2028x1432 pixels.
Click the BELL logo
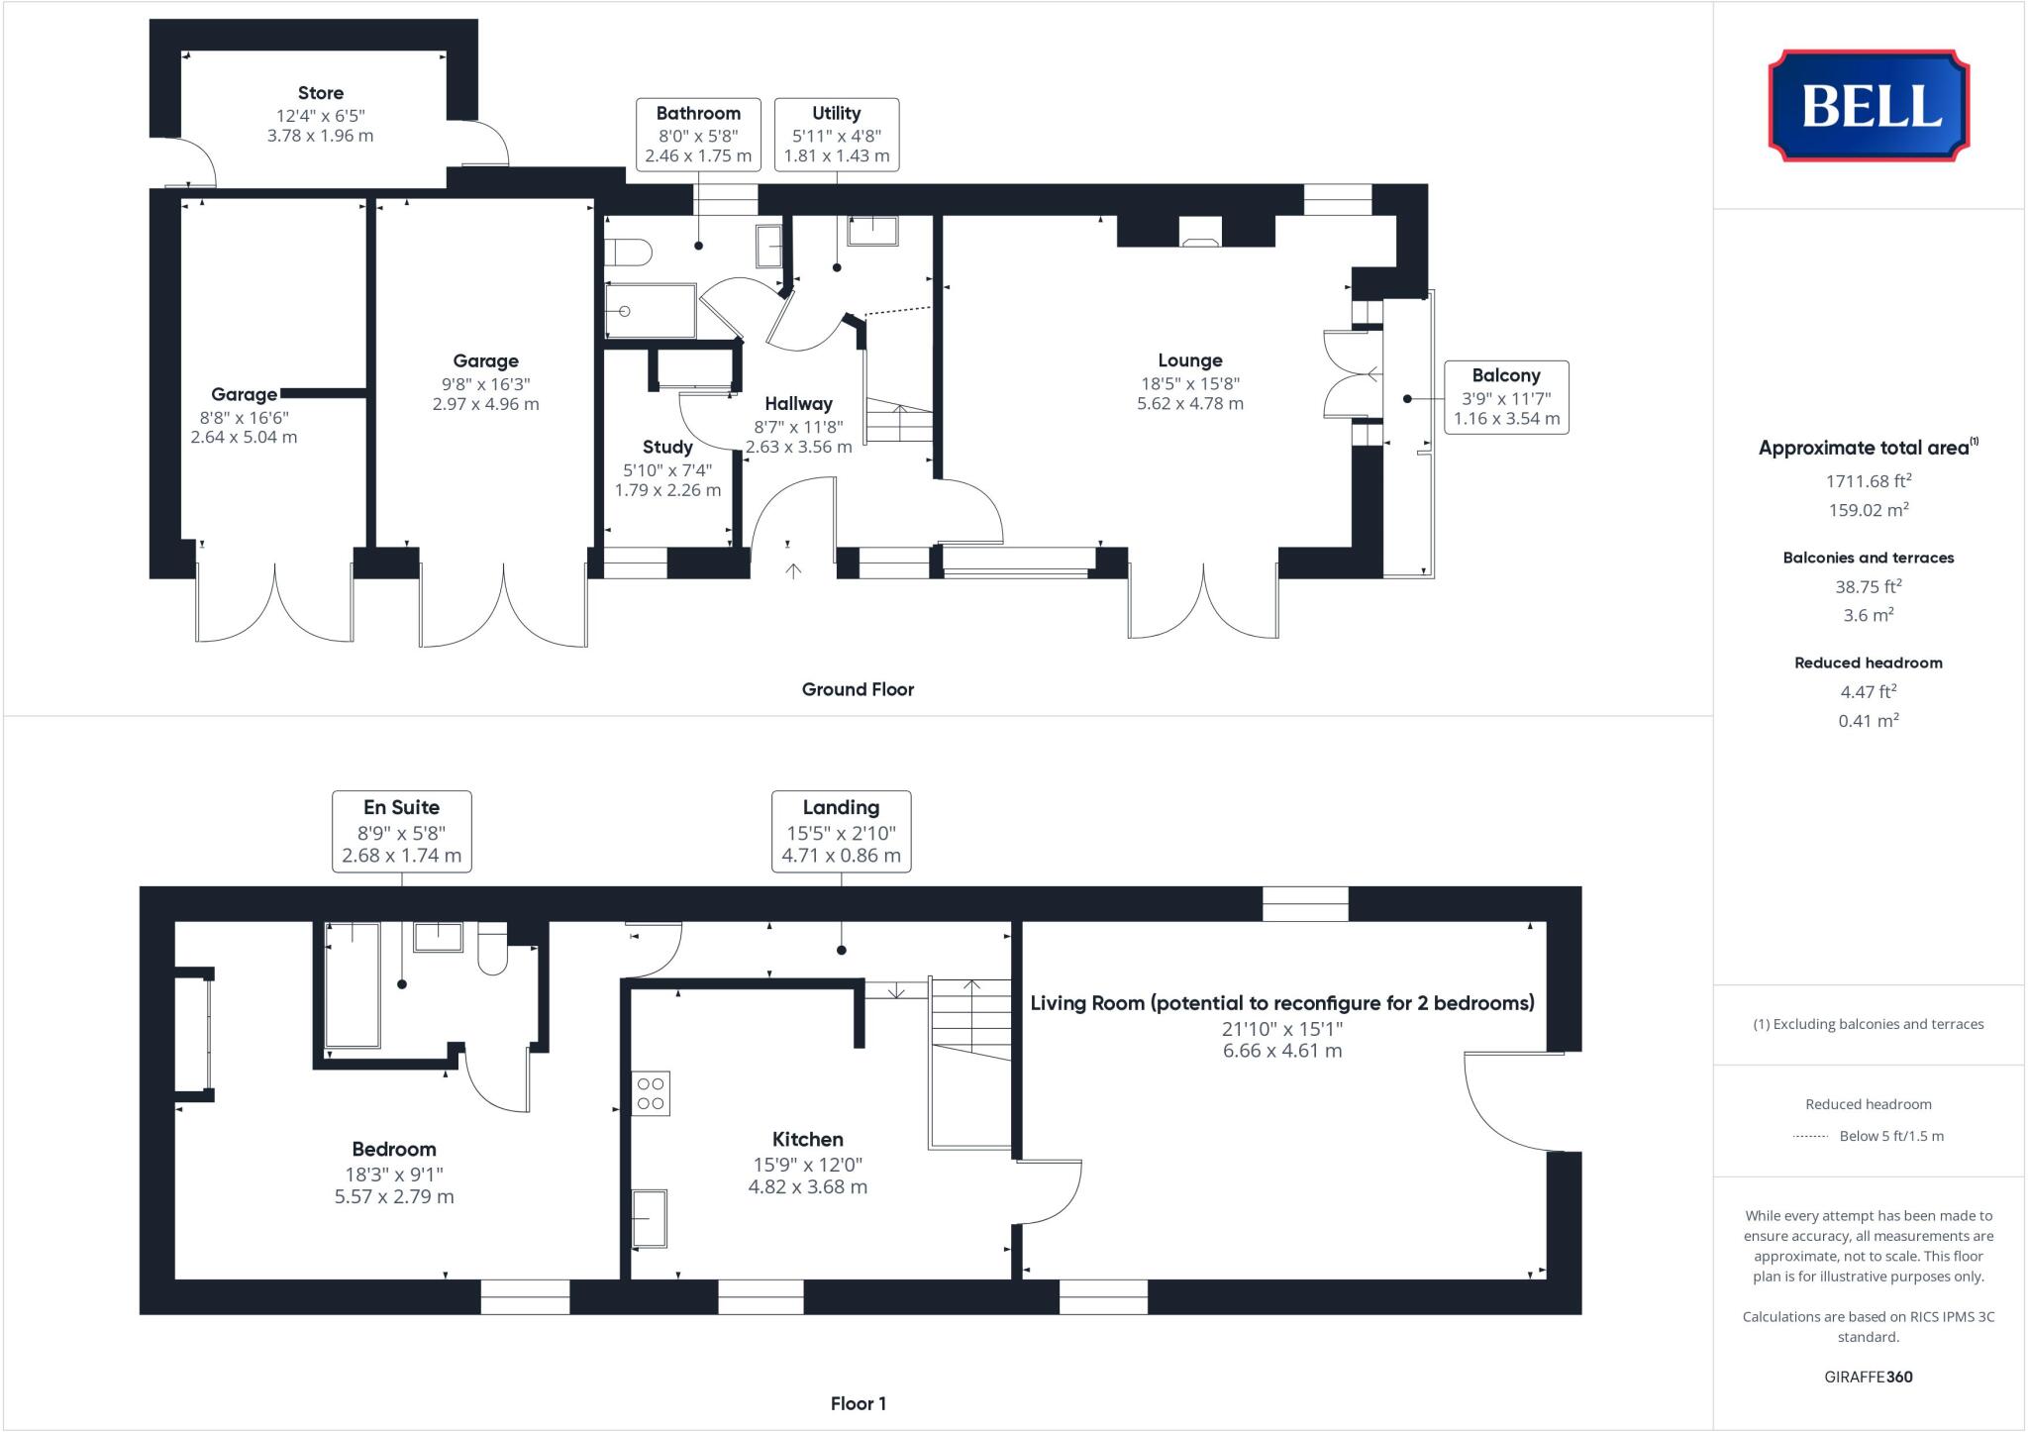[1869, 105]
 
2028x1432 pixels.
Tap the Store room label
[321, 93]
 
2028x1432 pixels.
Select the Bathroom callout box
[698, 135]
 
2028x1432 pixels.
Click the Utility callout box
[836, 135]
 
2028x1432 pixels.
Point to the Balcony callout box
[1505, 397]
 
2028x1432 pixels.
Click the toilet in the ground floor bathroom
[630, 254]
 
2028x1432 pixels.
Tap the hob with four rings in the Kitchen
[651, 1093]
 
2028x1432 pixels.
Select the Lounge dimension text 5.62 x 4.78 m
[1189, 404]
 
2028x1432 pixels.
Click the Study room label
[666, 448]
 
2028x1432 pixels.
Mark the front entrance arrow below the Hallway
[793, 569]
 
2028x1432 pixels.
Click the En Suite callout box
[401, 831]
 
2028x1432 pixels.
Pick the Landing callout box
[841, 831]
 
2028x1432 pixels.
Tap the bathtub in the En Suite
[353, 985]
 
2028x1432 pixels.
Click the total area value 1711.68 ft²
[1868, 481]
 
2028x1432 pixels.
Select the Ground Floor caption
[858, 689]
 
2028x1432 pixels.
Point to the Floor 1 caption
[858, 1403]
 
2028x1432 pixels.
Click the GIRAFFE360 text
[1868, 1377]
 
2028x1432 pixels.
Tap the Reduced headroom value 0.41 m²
[1868, 721]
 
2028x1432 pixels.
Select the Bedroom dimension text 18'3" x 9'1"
[394, 1174]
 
